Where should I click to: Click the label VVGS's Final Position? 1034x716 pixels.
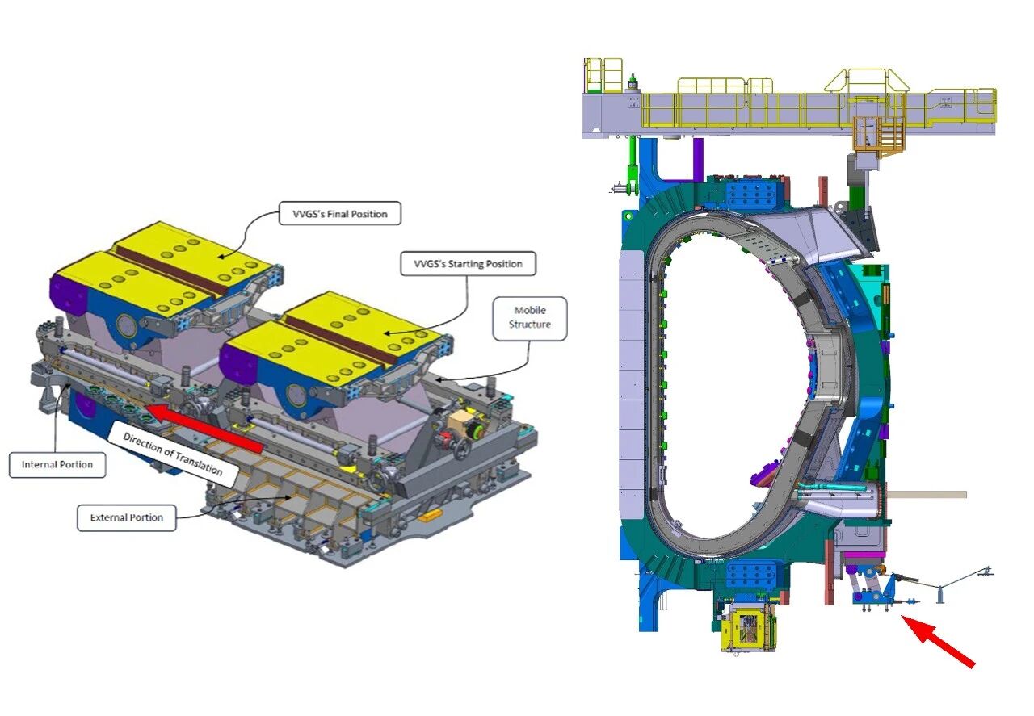coord(340,214)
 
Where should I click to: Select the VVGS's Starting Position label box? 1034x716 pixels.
coord(468,264)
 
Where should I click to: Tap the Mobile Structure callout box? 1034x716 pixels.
coord(529,318)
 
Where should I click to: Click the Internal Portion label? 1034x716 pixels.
coord(57,465)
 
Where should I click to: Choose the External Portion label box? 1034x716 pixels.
coord(127,517)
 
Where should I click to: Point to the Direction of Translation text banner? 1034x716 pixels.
coord(172,454)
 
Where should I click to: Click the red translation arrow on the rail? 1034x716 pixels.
coord(204,427)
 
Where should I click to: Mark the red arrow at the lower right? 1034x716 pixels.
coord(938,641)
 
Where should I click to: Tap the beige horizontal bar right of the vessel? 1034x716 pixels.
coord(927,495)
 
